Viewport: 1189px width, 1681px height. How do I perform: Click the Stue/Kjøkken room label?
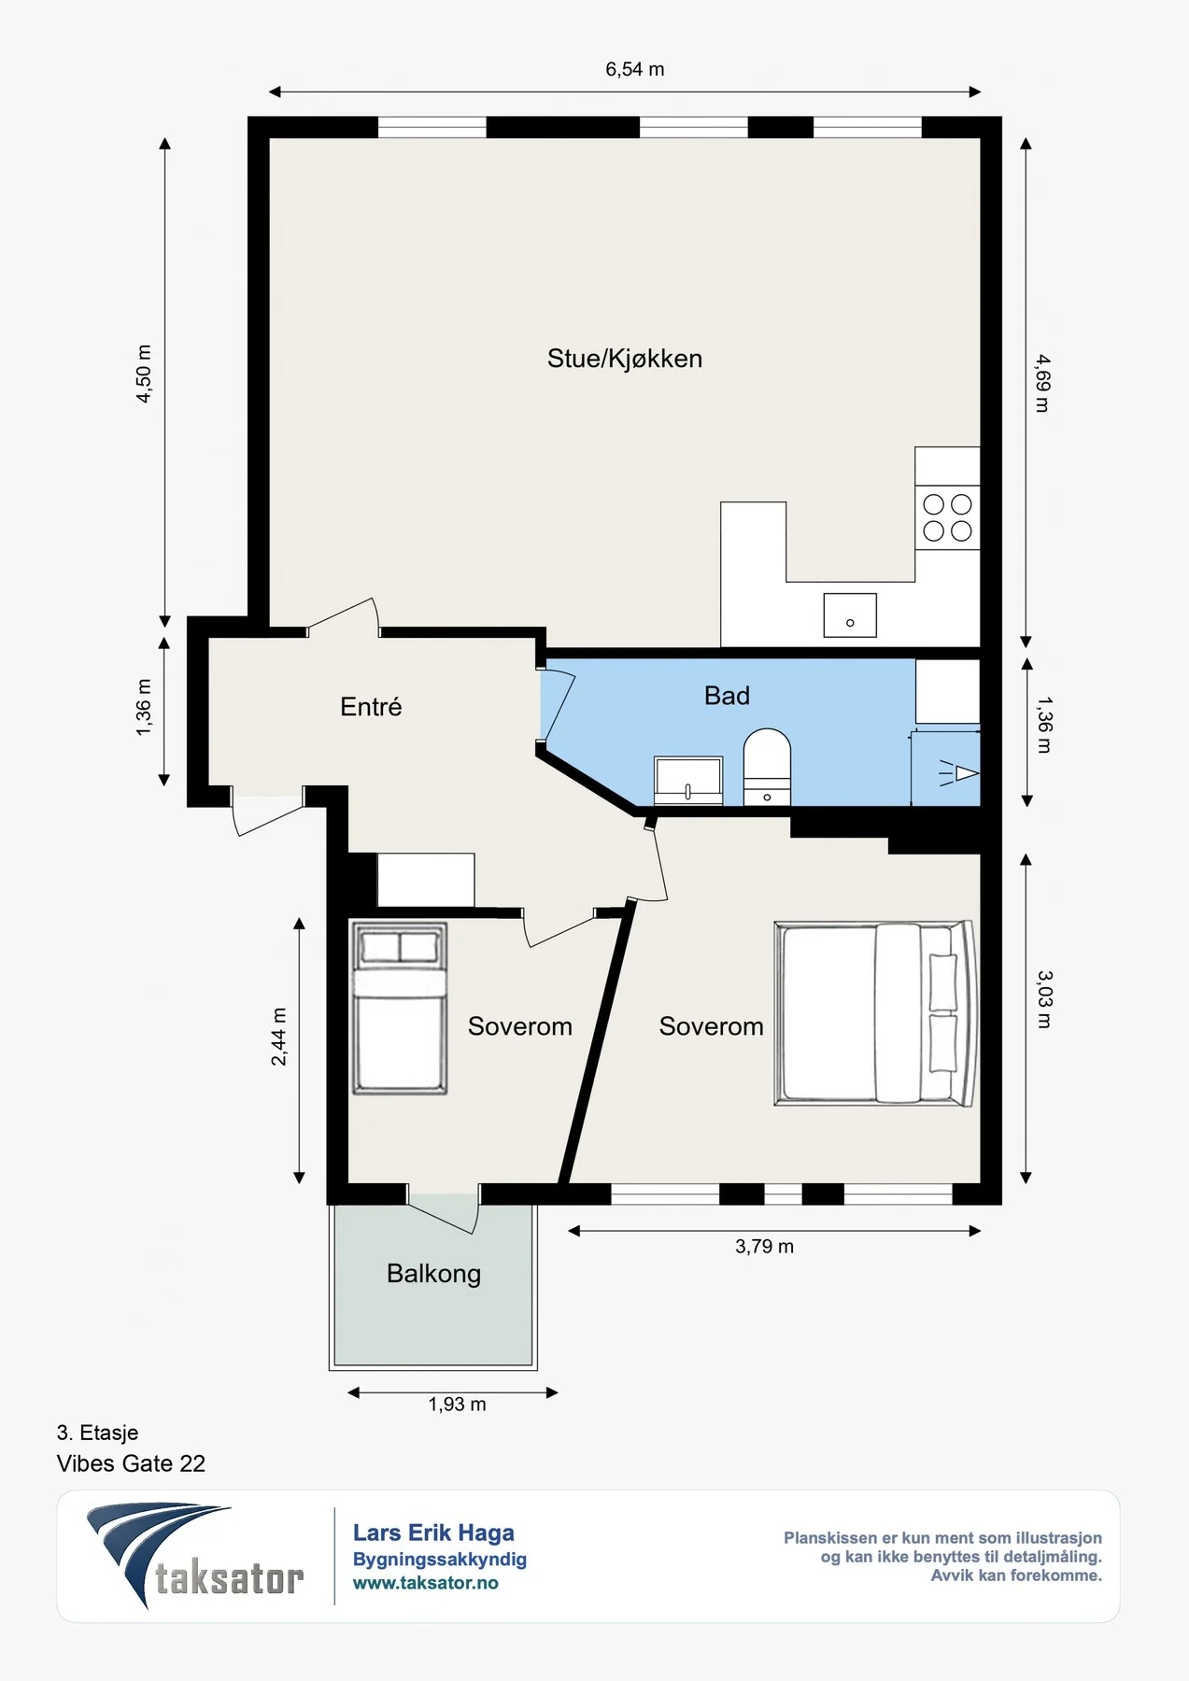(x=624, y=359)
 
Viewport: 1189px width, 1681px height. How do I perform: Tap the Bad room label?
(x=727, y=696)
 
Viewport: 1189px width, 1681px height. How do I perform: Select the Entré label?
(x=371, y=706)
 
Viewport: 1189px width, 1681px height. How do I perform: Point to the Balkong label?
(x=433, y=1274)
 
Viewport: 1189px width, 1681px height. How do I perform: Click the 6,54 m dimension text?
(x=635, y=69)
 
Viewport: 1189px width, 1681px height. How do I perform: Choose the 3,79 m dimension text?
(x=764, y=1247)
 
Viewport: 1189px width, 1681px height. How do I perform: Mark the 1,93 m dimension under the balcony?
(x=457, y=1405)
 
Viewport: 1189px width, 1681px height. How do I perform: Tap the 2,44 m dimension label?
(x=278, y=1037)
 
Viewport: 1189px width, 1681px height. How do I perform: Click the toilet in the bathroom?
(x=767, y=767)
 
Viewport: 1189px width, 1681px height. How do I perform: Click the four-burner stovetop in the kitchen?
(x=947, y=517)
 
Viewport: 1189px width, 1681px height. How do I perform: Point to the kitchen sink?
(x=850, y=615)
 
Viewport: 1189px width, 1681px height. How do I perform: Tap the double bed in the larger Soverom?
(x=876, y=1013)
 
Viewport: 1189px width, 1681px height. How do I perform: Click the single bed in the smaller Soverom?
(x=399, y=1008)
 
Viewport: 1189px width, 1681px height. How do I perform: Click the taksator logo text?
(x=229, y=1579)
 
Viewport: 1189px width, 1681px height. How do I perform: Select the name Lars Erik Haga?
(x=433, y=1533)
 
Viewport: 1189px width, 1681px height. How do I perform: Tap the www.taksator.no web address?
(x=425, y=1583)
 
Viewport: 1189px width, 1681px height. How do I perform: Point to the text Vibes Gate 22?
(x=131, y=1463)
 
